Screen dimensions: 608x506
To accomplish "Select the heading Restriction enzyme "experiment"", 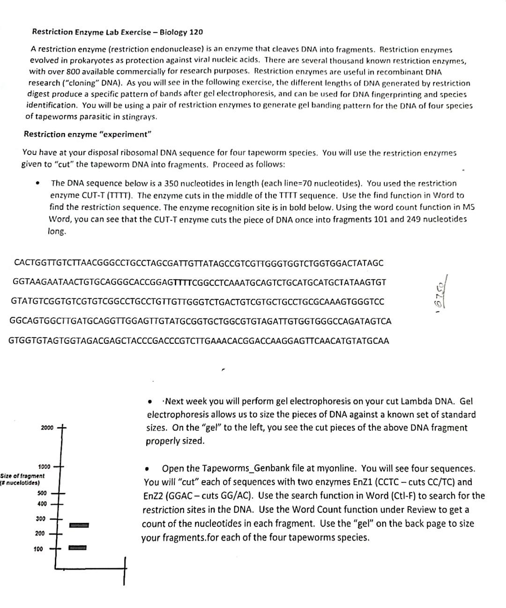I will tap(88, 134).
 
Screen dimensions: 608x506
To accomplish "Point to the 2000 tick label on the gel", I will tap(47, 428).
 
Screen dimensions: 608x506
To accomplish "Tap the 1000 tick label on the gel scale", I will tap(44, 467).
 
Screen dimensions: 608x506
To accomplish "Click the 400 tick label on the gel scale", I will tap(42, 504).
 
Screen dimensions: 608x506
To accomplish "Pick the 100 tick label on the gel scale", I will tap(38, 549).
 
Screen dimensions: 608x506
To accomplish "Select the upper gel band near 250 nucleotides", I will tap(78, 525).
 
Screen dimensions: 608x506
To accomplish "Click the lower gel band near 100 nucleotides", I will tap(78, 547).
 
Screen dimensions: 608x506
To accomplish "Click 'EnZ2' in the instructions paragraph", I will tap(153, 496).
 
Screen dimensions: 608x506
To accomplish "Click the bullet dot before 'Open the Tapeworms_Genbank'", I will tap(148, 469).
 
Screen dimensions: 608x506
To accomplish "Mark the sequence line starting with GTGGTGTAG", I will tap(199, 341).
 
